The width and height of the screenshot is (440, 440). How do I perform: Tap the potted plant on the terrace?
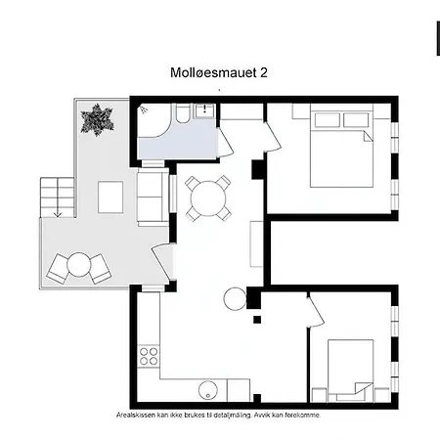99,121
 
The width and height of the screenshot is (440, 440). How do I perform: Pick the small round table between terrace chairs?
79,264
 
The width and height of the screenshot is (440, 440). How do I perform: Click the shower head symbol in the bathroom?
145,110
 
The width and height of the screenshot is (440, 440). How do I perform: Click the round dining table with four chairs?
209,198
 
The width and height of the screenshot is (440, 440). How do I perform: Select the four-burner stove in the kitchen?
150,355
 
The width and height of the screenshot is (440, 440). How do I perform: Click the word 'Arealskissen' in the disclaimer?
138,415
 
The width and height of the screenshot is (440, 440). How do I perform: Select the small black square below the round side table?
256,319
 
